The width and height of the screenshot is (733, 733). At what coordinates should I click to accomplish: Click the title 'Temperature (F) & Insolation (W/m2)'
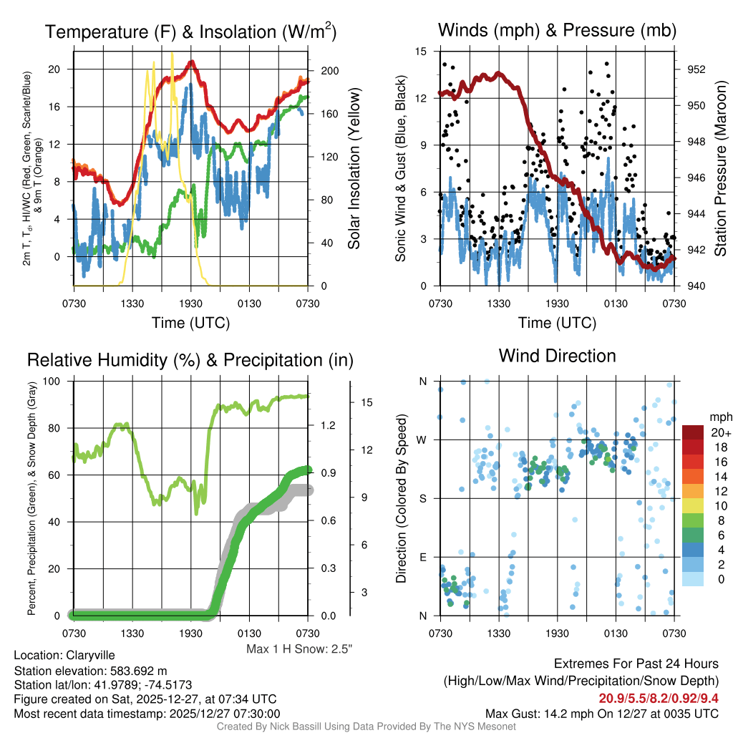190,31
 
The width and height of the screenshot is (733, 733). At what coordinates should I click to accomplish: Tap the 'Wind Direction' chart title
557,356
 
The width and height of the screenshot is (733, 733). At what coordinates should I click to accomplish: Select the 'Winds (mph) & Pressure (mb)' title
557,31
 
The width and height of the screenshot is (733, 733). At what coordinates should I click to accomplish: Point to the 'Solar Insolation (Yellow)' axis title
354,169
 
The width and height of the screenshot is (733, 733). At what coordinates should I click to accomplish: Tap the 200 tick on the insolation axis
330,71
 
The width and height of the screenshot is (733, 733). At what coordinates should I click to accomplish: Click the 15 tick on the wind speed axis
421,52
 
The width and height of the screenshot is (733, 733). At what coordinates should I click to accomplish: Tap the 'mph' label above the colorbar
719,417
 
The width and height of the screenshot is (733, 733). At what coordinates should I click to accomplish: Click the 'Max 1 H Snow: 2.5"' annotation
299,649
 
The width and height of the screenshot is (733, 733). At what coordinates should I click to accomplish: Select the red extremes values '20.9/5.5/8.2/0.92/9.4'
658,697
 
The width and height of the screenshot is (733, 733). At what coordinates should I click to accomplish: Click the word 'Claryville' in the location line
90,655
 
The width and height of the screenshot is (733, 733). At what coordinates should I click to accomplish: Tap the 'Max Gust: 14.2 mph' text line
601,713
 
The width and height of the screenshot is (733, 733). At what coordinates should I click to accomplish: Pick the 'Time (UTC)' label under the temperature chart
190,324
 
